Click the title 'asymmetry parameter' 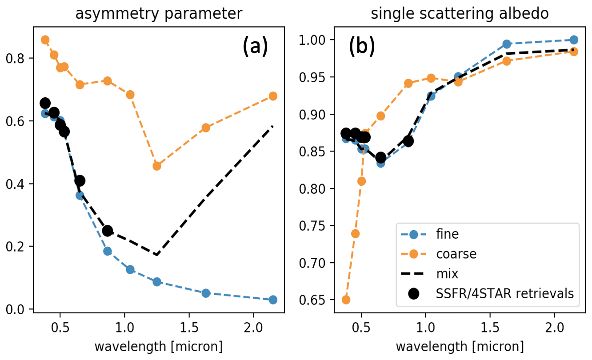pos(159,13)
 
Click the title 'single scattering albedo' pos(460,13)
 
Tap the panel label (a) pos(255,47)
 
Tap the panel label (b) pos(362,47)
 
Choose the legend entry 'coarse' pos(456,254)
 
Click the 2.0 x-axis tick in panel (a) pos(253,330)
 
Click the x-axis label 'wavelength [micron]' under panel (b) pos(460,346)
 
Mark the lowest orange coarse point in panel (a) pos(156,166)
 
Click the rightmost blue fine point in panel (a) pos(273,300)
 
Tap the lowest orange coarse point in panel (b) pos(346,300)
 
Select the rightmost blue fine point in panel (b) pos(574,40)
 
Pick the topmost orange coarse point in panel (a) pos(45,40)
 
